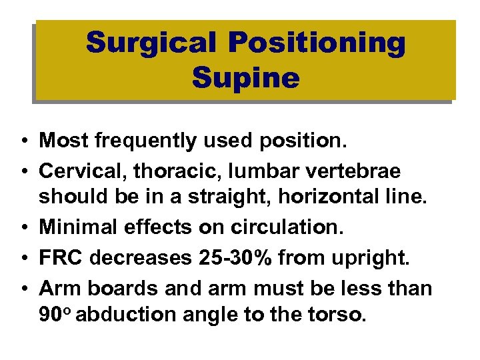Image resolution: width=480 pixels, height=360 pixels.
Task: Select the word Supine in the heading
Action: pyautogui.click(x=245, y=78)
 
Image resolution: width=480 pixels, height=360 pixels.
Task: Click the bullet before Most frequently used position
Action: pyautogui.click(x=23, y=141)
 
